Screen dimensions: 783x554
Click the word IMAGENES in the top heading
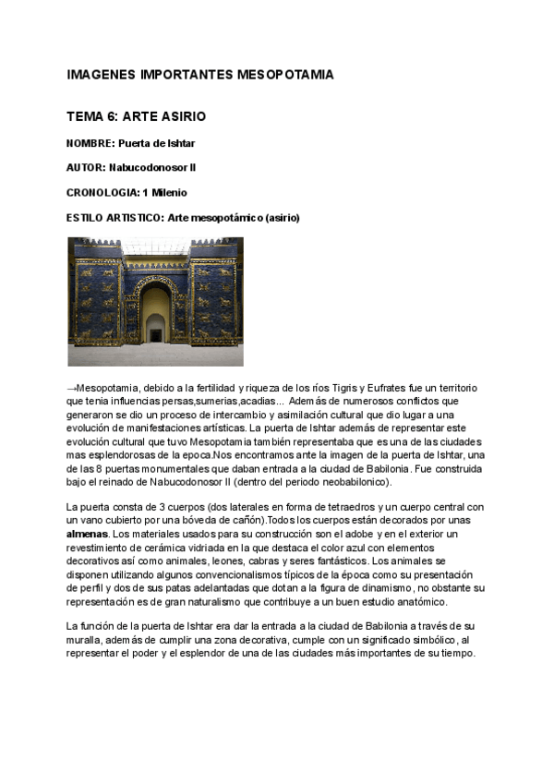(98, 74)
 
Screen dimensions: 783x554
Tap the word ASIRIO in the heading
(183, 117)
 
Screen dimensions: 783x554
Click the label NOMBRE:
(90, 143)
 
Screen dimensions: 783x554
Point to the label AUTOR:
(86, 168)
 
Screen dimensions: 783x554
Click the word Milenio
(168, 193)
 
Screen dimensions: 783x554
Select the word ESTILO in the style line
(86, 218)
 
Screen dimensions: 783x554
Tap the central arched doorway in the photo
(155, 319)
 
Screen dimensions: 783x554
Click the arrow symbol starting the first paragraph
(71, 388)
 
